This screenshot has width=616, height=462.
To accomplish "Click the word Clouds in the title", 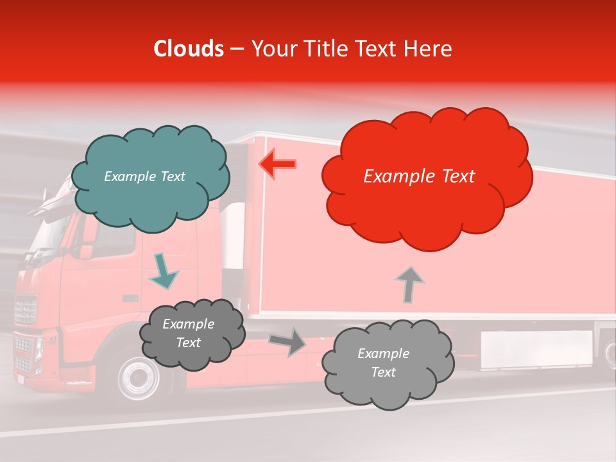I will click(x=189, y=49).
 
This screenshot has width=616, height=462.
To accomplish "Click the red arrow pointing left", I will click(x=277, y=164).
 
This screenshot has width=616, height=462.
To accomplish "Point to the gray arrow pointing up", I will click(x=409, y=284).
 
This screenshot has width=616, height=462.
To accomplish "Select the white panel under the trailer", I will click(x=536, y=350).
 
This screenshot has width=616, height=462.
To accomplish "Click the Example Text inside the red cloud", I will click(x=419, y=176).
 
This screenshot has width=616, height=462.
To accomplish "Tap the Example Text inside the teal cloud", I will click(x=144, y=176).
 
